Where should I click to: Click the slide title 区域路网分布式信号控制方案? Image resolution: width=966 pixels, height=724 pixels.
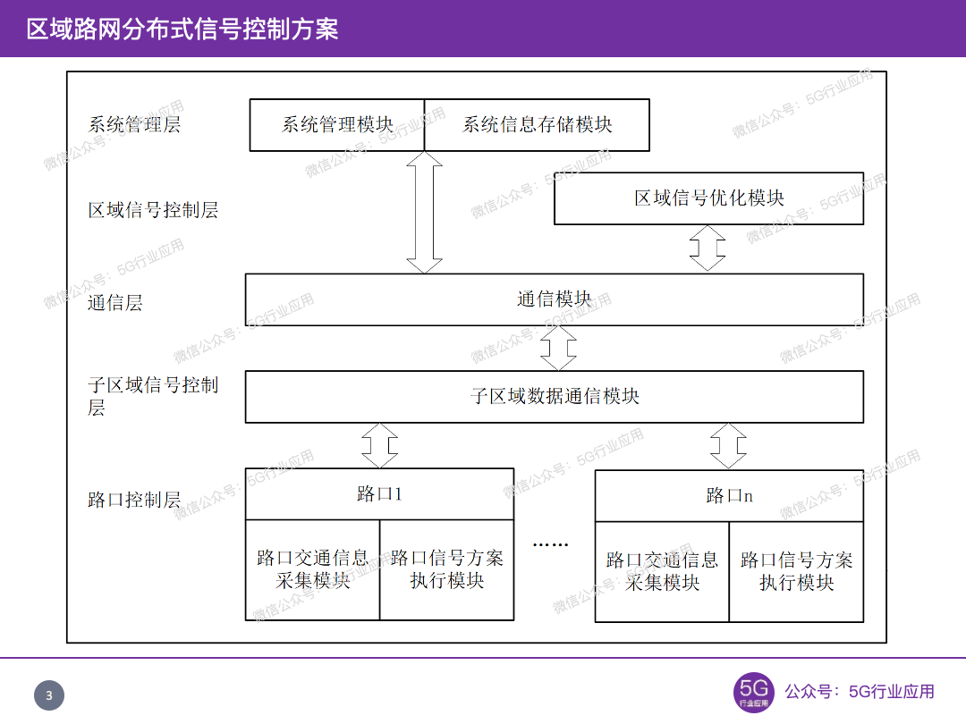point(182,29)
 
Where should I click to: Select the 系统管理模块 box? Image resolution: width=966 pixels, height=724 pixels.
point(336,125)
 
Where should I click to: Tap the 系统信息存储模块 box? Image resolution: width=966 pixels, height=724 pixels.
point(537,125)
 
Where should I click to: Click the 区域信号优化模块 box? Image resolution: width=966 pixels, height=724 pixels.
point(708,198)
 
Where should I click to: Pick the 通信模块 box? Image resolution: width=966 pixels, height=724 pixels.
point(555,299)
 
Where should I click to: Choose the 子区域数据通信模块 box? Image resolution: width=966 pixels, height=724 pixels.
point(555,396)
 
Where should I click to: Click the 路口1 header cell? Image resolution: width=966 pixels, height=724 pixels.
point(379,494)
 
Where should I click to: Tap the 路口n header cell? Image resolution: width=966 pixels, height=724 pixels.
point(729,496)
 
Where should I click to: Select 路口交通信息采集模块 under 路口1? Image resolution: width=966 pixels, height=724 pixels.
point(312,569)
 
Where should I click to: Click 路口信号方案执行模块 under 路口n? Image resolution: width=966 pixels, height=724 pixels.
point(796,571)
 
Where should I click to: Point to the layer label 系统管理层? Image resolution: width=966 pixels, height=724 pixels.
point(134,124)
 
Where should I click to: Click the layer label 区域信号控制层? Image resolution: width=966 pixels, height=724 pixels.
point(153,211)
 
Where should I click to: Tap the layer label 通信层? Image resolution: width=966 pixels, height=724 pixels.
point(115,303)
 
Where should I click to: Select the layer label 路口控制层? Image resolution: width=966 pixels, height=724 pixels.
point(134,500)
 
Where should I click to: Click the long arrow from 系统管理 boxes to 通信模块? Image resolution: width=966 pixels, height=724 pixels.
point(424,213)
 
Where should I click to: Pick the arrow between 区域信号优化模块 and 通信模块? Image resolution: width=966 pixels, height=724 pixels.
point(708,248)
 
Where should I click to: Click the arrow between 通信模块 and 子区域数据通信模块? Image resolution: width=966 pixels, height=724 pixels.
point(558,348)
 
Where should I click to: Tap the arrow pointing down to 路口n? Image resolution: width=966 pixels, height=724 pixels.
point(728,445)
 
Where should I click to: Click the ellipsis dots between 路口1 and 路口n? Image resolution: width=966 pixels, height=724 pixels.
point(550,543)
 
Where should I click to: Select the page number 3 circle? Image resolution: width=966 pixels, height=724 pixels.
point(49,696)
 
